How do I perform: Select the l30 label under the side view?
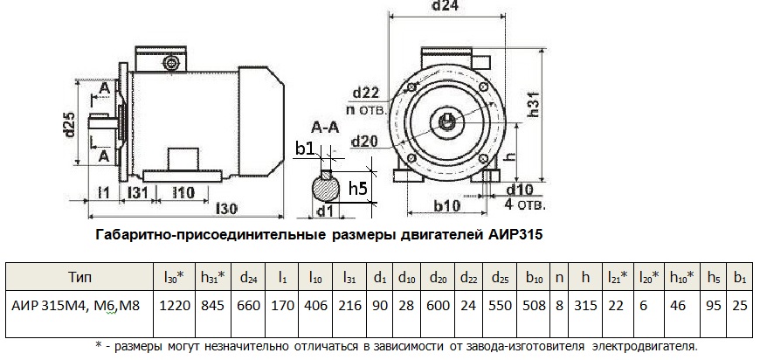[226, 209]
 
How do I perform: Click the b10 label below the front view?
[446, 206]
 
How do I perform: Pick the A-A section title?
[324, 128]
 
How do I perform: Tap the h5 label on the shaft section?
[357, 189]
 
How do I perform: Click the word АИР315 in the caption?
[522, 236]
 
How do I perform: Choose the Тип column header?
[79, 277]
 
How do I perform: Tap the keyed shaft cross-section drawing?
[325, 187]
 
